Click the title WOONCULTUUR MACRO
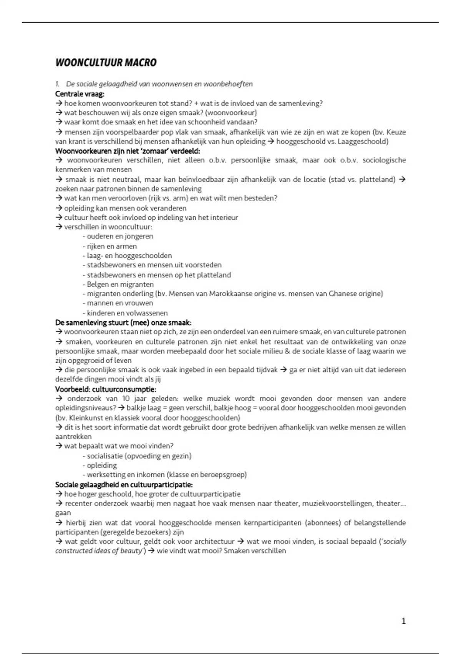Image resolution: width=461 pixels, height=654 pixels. pos(106,63)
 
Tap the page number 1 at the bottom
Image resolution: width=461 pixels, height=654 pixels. pos(403,621)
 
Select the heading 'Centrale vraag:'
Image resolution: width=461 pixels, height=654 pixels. pos(80,94)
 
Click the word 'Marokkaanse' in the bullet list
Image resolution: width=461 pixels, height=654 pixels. pos(229,294)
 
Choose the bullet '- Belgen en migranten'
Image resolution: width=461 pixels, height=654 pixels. pos(118,284)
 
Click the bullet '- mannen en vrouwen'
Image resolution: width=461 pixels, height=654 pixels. pos(118,303)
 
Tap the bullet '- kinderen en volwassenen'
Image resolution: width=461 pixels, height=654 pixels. pos(125,313)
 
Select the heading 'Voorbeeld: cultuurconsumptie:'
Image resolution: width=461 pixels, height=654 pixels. pos(106,389)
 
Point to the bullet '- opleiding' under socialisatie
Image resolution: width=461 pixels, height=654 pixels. pos(99,465)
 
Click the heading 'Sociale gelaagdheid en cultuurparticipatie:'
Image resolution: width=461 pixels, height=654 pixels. pos(124,485)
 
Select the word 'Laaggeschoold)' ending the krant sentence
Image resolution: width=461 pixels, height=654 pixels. pos(363,142)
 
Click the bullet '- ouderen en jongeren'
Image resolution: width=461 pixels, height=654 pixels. pos(118,237)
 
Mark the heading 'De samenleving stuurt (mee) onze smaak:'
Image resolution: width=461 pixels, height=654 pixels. pos(123,322)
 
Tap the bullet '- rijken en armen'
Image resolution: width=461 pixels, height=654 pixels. pos(109,246)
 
